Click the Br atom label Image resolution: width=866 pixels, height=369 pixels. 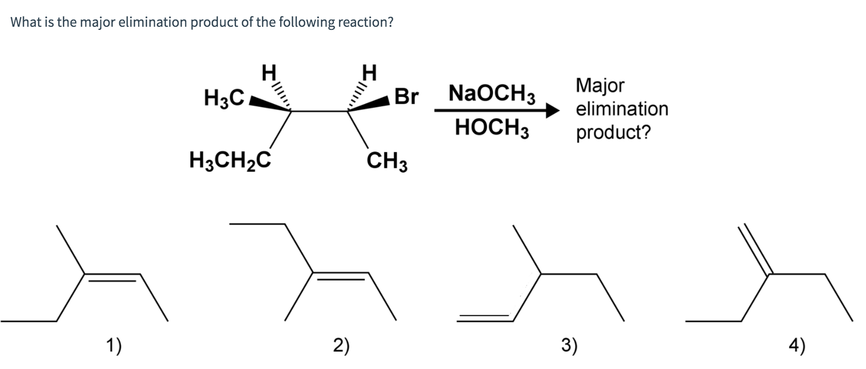[x=406, y=96]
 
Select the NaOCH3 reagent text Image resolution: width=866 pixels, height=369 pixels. [x=492, y=94]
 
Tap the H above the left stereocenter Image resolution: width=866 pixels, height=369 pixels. [x=269, y=72]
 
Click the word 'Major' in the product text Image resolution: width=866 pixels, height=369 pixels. [x=600, y=85]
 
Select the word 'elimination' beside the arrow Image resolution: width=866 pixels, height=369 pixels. [x=622, y=109]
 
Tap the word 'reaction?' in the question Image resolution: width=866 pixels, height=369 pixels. [x=365, y=22]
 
